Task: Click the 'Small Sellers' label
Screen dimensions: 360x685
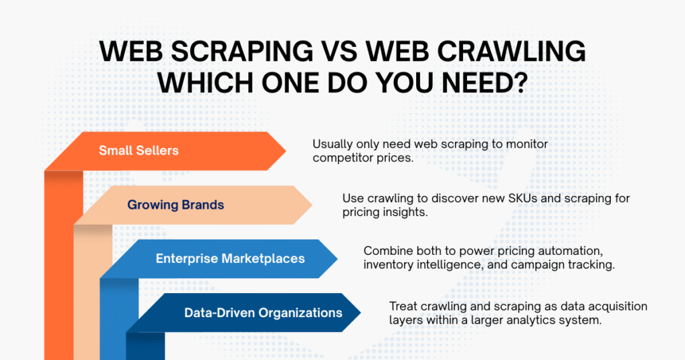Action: [x=138, y=151]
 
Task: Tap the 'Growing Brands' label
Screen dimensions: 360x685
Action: [x=176, y=205]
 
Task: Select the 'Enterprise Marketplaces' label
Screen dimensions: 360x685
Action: [x=230, y=258]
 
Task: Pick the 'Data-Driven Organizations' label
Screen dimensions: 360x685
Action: [x=263, y=312]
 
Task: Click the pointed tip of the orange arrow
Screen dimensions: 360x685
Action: [x=286, y=151]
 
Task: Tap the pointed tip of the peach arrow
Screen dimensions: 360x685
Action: [x=312, y=205]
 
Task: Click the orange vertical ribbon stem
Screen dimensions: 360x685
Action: [x=64, y=268]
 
